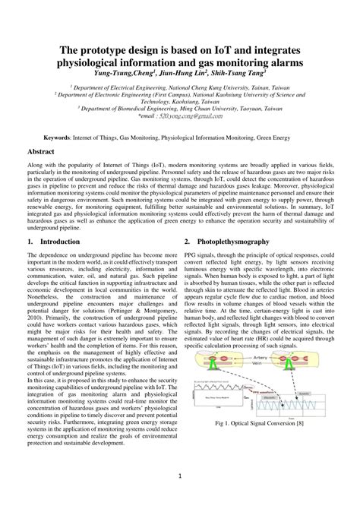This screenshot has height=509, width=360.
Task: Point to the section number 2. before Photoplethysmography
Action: [188, 242]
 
